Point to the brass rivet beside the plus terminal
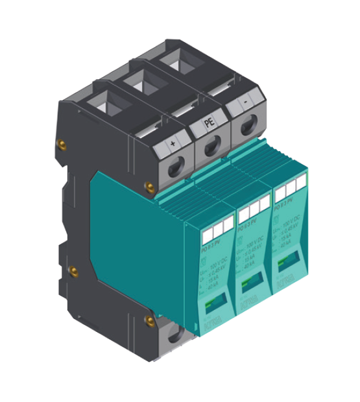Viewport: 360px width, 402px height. (x=150, y=188)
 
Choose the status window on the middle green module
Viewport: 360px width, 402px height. (x=250, y=281)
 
